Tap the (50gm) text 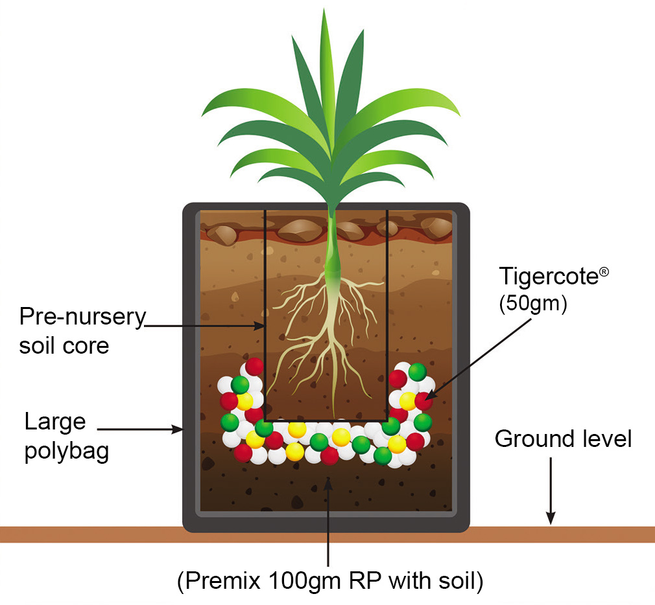(x=532, y=304)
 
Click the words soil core (x=64, y=345)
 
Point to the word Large (x=55, y=422)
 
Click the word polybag (x=66, y=451)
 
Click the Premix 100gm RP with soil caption (x=330, y=581)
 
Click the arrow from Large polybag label (x=139, y=428)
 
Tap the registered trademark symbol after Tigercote (x=604, y=272)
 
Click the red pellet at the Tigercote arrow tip (x=423, y=401)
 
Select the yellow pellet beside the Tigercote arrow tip (x=408, y=401)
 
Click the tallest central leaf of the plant (x=325, y=78)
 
